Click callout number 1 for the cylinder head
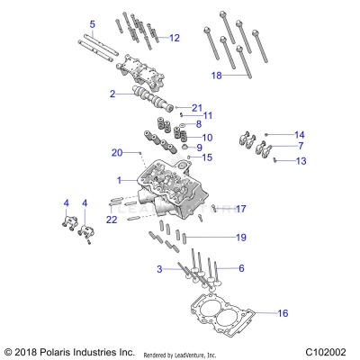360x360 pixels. [x=119, y=181]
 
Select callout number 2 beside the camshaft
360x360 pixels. [x=112, y=94]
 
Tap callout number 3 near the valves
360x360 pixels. [x=159, y=269]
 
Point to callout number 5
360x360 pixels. [x=92, y=23]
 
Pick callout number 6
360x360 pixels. [x=241, y=268]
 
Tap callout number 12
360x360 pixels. [x=175, y=38]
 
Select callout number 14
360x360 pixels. [x=300, y=134]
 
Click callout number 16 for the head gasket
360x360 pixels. [x=283, y=313]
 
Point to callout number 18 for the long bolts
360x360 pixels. [x=216, y=76]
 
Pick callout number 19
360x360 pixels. [x=240, y=237]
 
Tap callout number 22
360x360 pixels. [x=112, y=220]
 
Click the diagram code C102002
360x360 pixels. [x=326, y=351]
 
